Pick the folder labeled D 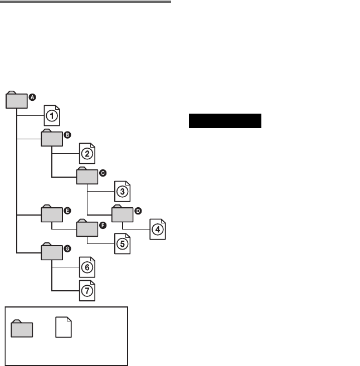[x=122, y=214]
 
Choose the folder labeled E [x=52, y=214]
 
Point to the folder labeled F [x=87, y=229]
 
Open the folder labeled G [x=52, y=252]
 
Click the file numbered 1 [x=52, y=116]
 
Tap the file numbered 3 [x=122, y=192]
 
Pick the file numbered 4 [x=158, y=228]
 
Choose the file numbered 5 [x=122, y=244]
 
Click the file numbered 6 [x=87, y=267]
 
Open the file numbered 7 [x=87, y=291]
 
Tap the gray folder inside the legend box [x=22, y=329]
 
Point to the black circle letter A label [x=32, y=97]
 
